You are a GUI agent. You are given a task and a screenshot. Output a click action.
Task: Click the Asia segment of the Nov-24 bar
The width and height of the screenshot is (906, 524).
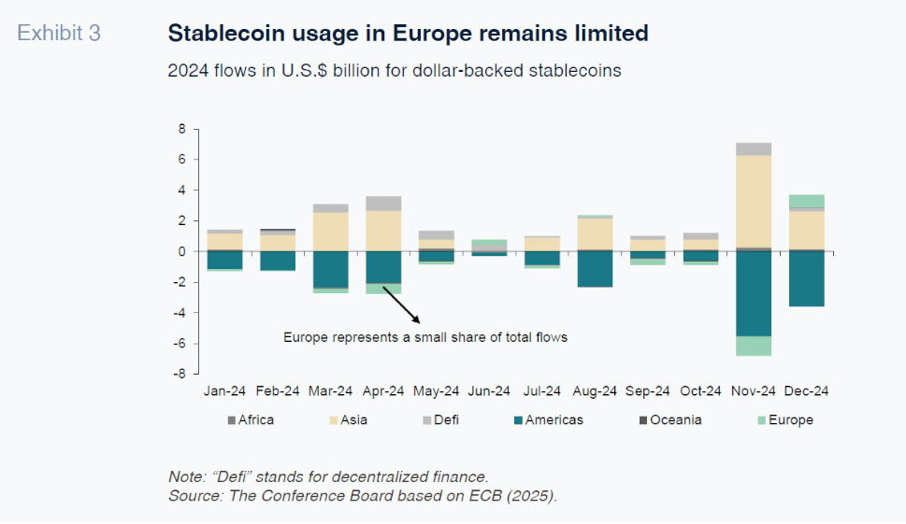pos(754,201)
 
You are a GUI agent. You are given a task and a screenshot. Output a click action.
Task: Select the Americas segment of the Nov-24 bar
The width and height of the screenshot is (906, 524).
pos(754,293)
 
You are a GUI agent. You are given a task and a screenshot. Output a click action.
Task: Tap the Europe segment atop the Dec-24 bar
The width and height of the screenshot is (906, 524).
pos(806,201)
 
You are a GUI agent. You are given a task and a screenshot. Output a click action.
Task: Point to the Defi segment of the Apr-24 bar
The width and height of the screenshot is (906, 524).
pos(383,204)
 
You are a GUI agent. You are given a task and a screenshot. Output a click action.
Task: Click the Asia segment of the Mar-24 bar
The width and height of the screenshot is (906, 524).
pos(330,232)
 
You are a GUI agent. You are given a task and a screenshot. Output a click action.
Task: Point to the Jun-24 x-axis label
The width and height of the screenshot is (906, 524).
pos(489,391)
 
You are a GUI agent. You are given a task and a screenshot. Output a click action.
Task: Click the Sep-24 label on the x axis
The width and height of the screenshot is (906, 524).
pos(648,391)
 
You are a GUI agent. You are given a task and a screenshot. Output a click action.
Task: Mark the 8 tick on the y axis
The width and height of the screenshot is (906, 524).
pos(183,129)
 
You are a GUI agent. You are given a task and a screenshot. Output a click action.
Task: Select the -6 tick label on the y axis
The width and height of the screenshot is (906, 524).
pos(180,344)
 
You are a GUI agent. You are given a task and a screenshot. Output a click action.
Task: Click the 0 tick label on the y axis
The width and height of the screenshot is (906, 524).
pos(183,251)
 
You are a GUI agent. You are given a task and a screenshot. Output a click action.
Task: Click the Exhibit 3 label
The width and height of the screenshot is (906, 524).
pos(59,34)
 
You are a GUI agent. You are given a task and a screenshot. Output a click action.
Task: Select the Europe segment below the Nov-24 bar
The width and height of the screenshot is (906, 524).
pos(754,346)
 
